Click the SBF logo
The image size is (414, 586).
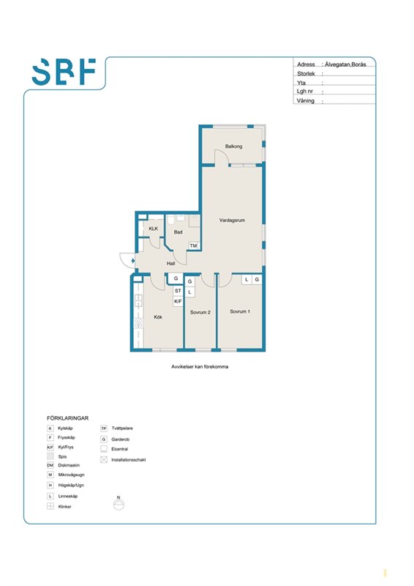coord(64,71)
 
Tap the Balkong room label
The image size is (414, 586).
coord(233,146)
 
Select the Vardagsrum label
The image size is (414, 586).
coord(232,220)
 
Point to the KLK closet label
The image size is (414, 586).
coord(154,229)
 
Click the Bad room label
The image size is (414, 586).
coord(178,232)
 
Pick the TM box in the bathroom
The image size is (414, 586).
coord(193,245)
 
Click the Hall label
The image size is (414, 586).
coord(171,264)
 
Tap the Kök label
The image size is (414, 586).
coord(158,317)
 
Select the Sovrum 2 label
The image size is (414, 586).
coord(200,312)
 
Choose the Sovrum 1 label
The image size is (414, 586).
coord(240,311)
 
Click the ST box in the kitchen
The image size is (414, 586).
coord(178,291)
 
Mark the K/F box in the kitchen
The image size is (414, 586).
coord(178,301)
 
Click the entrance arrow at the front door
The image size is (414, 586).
coord(133,261)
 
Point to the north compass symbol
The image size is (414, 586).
coord(118,503)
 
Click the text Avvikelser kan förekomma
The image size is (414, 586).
coord(200,367)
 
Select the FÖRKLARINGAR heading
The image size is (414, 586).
coord(67,418)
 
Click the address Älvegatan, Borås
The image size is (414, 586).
coord(345,64)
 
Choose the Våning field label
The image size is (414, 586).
coord(306,100)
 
